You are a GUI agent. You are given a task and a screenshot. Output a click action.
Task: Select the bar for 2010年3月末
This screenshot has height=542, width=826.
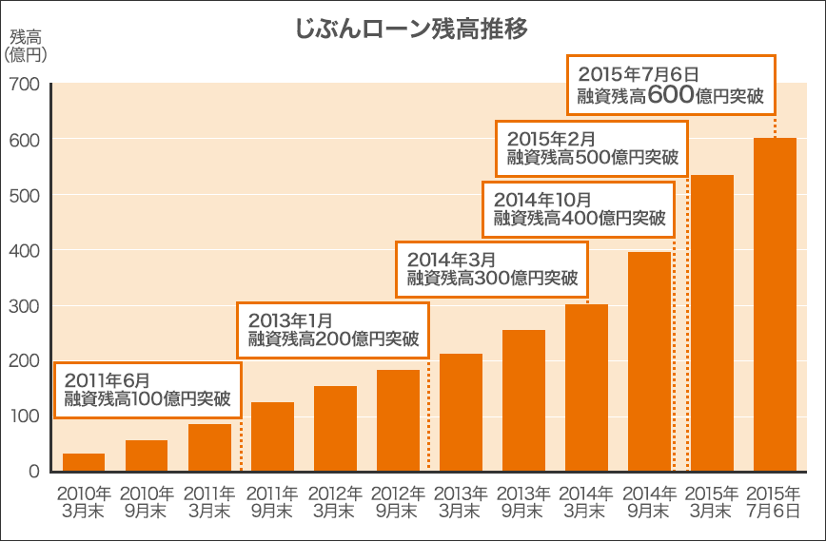pyautogui.click(x=84, y=462)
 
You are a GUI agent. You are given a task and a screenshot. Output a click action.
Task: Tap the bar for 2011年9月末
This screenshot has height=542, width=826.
pyautogui.click(x=272, y=436)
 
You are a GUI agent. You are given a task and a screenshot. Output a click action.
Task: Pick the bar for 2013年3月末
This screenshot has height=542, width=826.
pyautogui.click(x=461, y=413)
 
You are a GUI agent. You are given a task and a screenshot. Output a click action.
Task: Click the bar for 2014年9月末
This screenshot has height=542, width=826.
pyautogui.click(x=650, y=361)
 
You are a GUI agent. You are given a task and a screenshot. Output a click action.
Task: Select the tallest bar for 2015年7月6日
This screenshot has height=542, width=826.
pyautogui.click(x=775, y=304)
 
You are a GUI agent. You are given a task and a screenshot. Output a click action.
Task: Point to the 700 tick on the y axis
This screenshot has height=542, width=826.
pyautogui.click(x=26, y=85)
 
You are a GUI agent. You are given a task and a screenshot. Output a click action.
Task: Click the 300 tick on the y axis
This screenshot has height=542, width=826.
pyautogui.click(x=26, y=306)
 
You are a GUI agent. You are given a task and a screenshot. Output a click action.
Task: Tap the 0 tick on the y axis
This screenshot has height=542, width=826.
pyautogui.click(x=33, y=472)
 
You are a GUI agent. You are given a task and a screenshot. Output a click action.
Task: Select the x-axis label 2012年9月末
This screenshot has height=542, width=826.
pyautogui.click(x=398, y=503)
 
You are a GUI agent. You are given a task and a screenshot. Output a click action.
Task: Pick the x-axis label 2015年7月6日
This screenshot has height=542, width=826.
pyautogui.click(x=775, y=503)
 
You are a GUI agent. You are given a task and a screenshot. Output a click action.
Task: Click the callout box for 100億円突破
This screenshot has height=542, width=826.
pyautogui.click(x=147, y=390)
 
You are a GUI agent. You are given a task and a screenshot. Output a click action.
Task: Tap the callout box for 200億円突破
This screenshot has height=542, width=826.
pyautogui.click(x=333, y=329)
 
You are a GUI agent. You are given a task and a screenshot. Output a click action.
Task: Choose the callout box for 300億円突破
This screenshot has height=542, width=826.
pyautogui.click(x=492, y=269)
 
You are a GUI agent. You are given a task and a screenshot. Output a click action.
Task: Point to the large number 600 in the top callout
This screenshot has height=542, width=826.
pyautogui.click(x=677, y=94)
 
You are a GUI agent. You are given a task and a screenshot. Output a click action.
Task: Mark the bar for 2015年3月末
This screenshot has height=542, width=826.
pyautogui.click(x=713, y=323)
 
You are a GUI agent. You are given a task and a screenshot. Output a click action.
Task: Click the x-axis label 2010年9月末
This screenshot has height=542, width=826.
pyautogui.click(x=147, y=503)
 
